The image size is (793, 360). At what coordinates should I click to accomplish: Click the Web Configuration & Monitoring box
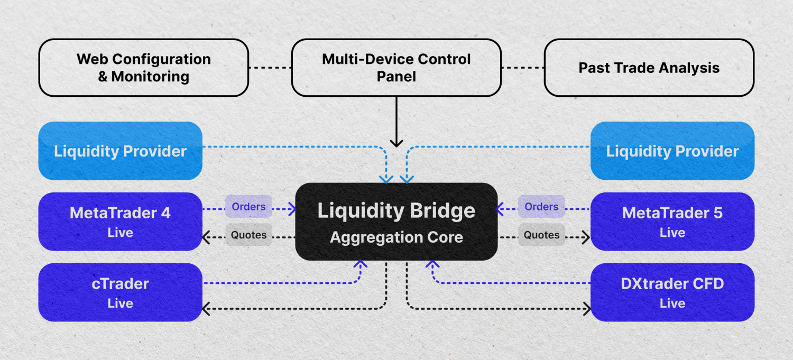point(143,68)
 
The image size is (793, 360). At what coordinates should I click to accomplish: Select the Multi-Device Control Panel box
point(396,68)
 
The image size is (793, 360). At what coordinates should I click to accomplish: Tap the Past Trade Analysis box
point(649,68)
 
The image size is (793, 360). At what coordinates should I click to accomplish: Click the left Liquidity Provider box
point(120,151)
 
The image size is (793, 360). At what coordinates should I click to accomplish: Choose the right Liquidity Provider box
point(672,151)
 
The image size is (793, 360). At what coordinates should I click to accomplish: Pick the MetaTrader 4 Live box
point(120,221)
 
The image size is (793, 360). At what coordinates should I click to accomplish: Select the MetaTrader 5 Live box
point(672,221)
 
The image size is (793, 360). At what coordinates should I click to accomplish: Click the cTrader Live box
point(120,292)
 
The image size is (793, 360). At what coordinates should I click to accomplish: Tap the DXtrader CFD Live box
point(672,292)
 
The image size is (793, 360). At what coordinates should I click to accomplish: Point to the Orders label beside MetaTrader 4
point(248,207)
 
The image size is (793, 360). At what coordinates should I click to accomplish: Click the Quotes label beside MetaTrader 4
point(248,235)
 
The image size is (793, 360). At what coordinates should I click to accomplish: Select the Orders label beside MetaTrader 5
point(541,207)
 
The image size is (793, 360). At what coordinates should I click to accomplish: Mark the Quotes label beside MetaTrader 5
point(541,235)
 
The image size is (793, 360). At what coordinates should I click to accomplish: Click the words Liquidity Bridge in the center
point(396,211)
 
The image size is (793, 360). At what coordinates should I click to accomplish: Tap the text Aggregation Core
point(396,237)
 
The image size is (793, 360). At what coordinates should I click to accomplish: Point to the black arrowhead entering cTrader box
point(206,309)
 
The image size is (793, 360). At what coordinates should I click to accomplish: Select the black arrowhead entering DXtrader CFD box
point(586,309)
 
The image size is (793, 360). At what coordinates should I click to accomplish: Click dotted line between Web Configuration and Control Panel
point(270,68)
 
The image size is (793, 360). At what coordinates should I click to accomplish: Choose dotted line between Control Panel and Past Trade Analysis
point(522,68)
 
